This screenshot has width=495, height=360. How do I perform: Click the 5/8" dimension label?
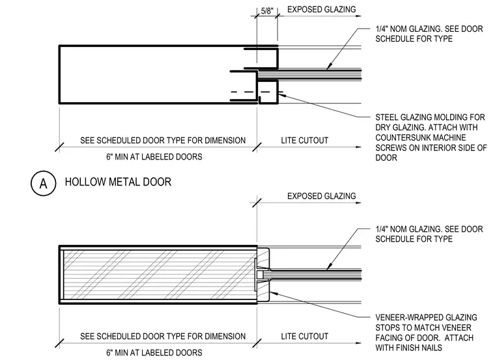coord(267,11)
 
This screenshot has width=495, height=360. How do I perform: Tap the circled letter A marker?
coord(43,183)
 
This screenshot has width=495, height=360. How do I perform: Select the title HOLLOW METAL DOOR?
coord(118,182)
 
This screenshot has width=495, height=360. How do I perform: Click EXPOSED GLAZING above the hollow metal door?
coord(321,10)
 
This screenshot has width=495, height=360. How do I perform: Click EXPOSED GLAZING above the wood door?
coord(321,196)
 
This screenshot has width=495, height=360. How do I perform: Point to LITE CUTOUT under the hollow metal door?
coord(305,141)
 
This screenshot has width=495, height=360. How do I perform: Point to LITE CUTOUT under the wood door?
coord(305,337)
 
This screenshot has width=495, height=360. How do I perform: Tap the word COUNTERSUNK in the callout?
coord(398,137)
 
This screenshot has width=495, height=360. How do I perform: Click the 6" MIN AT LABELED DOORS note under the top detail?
coord(154,157)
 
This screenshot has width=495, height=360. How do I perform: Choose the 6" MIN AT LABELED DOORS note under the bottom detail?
coord(154,353)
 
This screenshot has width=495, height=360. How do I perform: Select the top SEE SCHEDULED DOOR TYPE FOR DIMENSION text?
coord(163,141)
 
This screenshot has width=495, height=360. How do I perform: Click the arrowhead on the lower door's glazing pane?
coord(329,267)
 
